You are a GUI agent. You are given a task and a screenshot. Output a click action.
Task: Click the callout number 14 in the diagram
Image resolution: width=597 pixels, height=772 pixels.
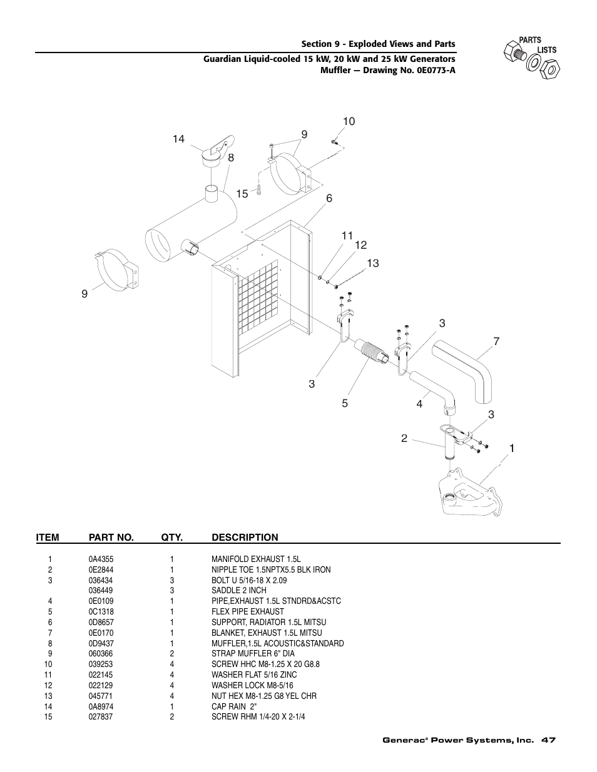click(179, 139)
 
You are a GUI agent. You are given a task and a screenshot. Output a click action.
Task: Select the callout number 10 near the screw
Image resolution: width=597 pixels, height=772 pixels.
click(349, 121)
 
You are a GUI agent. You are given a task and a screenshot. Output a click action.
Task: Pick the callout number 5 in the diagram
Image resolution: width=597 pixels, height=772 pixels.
click(344, 403)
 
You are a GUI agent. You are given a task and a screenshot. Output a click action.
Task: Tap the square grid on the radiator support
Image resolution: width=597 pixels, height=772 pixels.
click(259, 301)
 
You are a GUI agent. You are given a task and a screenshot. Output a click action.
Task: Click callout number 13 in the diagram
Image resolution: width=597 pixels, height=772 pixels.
click(373, 264)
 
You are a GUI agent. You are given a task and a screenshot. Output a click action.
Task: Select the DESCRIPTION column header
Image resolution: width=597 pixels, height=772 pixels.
click(245, 537)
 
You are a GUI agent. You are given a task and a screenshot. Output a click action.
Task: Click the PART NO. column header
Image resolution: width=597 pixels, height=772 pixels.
click(111, 537)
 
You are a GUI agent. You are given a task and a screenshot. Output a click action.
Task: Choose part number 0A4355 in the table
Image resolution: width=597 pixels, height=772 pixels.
click(101, 559)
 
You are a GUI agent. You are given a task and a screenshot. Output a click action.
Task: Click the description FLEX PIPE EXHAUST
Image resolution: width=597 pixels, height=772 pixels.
click(247, 611)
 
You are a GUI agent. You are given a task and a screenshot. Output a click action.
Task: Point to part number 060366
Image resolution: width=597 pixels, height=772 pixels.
click(100, 653)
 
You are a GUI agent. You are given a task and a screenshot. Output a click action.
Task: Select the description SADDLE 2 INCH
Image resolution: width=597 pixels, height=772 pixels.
click(238, 590)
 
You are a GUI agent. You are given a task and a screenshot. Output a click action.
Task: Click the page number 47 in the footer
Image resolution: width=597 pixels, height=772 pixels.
click(549, 740)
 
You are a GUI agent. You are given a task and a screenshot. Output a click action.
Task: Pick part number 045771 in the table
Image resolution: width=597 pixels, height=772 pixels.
click(100, 696)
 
